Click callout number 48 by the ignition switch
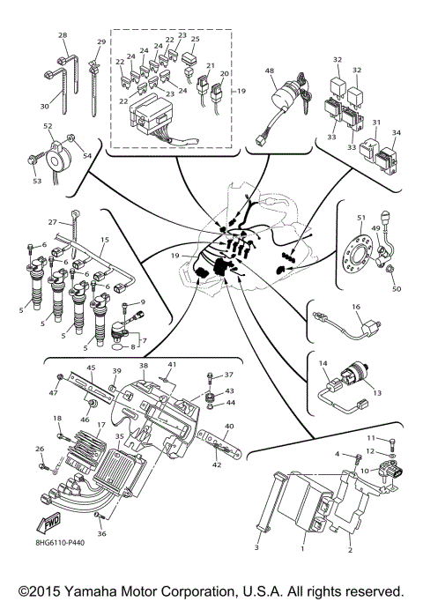pos(270,71)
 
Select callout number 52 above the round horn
pos(48,126)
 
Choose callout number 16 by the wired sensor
pos(357,308)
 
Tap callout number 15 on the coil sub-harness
pos(104,240)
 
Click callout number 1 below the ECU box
pos(302,549)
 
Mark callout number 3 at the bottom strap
pos(256,549)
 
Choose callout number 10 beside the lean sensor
pos(362,471)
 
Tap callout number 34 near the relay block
pos(396,133)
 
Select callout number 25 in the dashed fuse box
pos(195,40)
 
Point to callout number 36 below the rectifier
pos(101,533)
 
